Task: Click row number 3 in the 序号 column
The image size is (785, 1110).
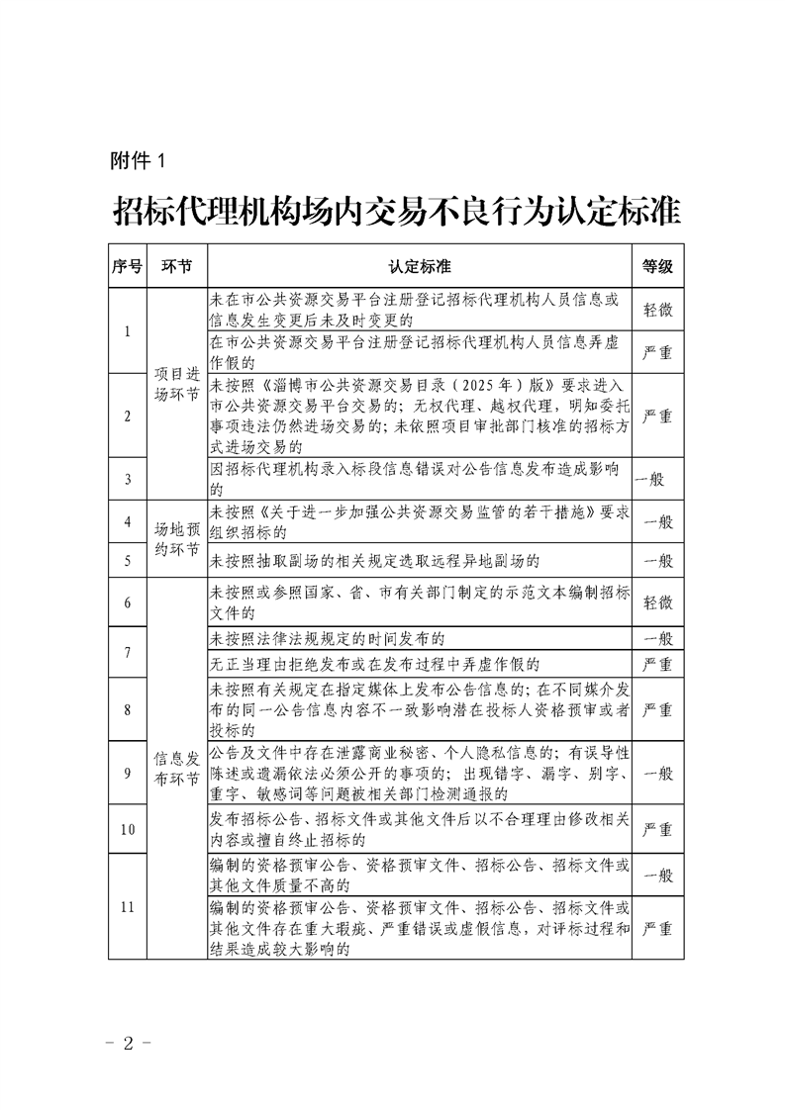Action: coord(128,480)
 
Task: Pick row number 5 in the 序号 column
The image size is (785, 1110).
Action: coord(128,561)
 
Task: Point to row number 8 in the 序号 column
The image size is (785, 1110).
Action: coord(128,709)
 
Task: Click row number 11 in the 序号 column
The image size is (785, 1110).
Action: coord(128,905)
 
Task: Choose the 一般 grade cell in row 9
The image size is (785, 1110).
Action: coord(657,772)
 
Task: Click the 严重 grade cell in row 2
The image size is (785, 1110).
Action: coord(657,415)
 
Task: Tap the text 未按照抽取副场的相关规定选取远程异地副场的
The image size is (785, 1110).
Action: coord(375,561)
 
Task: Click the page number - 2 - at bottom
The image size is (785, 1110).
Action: coord(127,1043)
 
